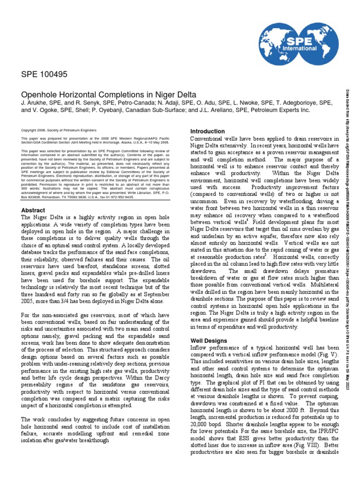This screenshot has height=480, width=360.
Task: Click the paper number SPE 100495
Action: pos(45,74)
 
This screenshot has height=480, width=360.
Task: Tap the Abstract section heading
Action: pos(33,210)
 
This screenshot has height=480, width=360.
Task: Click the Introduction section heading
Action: pos(207,131)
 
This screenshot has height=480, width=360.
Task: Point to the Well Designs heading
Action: pos(209,340)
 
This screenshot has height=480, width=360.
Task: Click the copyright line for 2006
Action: pos(59,130)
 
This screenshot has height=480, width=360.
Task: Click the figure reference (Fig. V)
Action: pos(329,355)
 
